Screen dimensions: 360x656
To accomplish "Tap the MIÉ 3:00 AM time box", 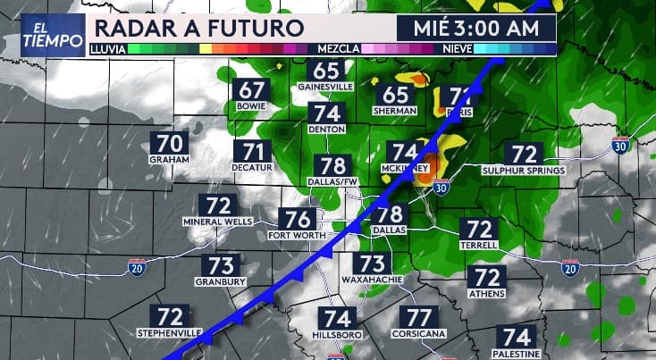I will click(x=477, y=28).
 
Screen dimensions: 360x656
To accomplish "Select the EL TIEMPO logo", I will click(x=45, y=34).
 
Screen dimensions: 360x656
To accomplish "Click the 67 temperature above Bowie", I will click(x=252, y=89).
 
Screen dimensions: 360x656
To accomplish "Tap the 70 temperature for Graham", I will click(x=171, y=143).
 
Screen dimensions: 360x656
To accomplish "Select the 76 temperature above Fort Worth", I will click(x=298, y=219).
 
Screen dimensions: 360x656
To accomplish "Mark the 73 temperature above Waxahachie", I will click(x=372, y=264).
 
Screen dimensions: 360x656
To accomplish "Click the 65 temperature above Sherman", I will click(x=396, y=95).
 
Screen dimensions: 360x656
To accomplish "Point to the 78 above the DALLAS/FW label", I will click(x=332, y=166).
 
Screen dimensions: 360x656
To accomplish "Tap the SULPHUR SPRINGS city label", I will click(x=524, y=171).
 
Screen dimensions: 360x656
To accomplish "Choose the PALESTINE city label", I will click(x=517, y=353).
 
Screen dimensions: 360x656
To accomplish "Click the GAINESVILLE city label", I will click(x=327, y=87).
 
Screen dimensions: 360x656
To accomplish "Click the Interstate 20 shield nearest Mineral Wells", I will click(x=137, y=266).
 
